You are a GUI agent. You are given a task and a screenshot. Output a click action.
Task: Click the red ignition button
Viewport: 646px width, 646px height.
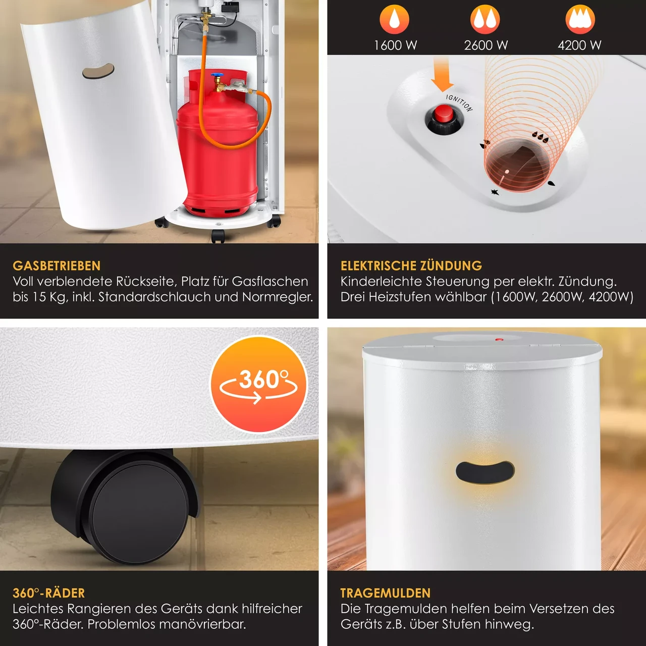click(x=444, y=114)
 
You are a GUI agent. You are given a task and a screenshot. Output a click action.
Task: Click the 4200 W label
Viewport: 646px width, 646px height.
click(x=579, y=45)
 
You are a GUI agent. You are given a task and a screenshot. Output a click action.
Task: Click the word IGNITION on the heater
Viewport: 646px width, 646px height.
click(x=459, y=102)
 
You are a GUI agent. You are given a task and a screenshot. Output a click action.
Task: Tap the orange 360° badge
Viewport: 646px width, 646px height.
click(x=258, y=384)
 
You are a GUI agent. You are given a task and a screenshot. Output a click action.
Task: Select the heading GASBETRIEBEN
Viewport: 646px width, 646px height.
click(x=57, y=266)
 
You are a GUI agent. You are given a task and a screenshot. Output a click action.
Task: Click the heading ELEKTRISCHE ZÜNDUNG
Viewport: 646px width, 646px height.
click(x=411, y=266)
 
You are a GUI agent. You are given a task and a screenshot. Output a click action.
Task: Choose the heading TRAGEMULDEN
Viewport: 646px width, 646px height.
click(x=386, y=593)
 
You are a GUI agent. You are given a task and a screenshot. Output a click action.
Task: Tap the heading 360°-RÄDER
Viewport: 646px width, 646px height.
click(x=48, y=593)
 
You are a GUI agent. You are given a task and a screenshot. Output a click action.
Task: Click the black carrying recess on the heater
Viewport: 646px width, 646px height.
click(x=484, y=472)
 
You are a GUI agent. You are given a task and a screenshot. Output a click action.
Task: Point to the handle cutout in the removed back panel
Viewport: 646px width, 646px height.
click(x=98, y=71)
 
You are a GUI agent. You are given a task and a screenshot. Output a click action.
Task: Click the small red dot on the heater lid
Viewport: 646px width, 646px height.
click(x=499, y=340)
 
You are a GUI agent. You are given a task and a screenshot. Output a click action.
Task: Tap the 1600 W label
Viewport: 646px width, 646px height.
click(x=395, y=45)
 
